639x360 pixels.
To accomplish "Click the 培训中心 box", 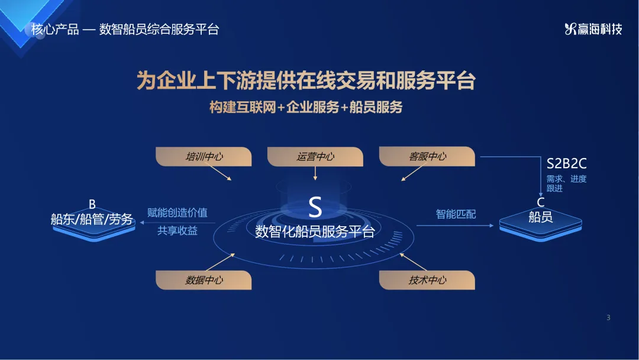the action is pos(204,156).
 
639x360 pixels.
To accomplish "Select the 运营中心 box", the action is pos(315,156).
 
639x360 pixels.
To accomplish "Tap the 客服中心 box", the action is pos(427,156).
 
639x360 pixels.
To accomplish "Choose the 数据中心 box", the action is pos(204,280).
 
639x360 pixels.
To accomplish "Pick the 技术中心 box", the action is pos(427,280).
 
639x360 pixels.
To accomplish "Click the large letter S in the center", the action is pos(315,207).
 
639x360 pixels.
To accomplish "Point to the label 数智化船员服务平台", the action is pos(315,232).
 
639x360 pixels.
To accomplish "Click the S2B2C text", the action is pos(566,164).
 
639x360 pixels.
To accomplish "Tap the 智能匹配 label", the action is pos(456,214).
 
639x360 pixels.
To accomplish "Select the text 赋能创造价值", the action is pos(177,213).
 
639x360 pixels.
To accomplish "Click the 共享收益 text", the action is pos(177,231).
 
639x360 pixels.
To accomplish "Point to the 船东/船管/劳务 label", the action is pos(92,219).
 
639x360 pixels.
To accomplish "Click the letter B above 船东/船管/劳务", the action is pos(92,204).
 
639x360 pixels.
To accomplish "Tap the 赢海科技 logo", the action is pos(593,29).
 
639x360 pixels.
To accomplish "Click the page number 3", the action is pos(608,317).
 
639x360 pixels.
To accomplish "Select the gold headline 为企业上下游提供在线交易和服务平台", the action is pos(306,81).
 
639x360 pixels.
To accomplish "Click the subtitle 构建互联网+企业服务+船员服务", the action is pos(306,107).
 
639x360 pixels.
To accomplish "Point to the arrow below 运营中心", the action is pos(315,173).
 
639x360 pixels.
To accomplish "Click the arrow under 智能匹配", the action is pos(455,226).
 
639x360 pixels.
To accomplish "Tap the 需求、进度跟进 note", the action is pos(566,184).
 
